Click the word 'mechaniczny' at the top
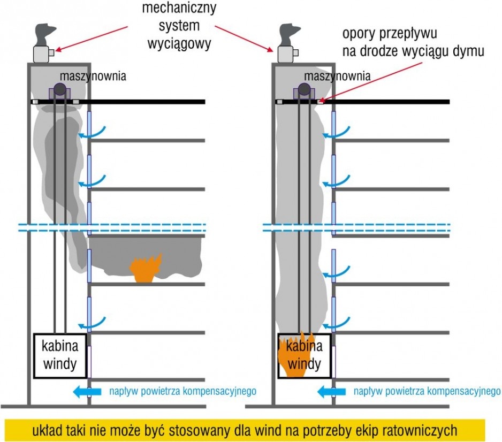click(179, 7)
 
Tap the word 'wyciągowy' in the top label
click(179, 43)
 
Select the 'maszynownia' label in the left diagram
click(93, 76)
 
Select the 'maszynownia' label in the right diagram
click(337, 76)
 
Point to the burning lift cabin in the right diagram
click(304, 355)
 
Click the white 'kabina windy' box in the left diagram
click(60, 356)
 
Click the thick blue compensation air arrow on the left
click(87, 391)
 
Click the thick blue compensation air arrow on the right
click(331, 391)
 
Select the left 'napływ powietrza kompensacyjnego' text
click(183, 391)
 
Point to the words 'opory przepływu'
click(390, 34)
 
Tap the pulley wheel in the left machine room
click(59, 89)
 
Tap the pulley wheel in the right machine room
click(304, 89)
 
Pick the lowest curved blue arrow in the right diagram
click(336, 323)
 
